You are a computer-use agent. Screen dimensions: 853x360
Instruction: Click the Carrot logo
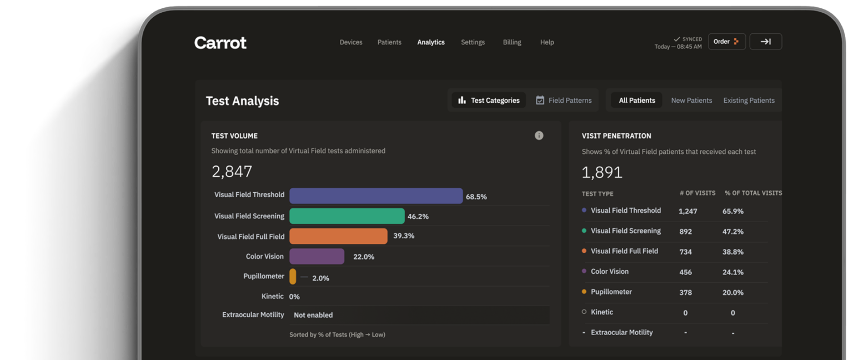point(220,43)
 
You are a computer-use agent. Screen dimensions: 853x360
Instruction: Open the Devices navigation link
point(351,42)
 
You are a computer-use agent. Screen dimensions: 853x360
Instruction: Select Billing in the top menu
point(512,42)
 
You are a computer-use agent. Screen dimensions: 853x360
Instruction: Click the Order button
point(726,42)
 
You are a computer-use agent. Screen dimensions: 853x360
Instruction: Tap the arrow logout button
point(765,42)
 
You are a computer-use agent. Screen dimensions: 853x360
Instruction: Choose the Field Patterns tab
point(564,100)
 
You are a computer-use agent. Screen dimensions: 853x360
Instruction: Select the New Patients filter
point(691,100)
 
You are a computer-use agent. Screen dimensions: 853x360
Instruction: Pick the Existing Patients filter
point(749,100)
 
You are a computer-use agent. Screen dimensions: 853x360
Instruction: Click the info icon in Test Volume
point(539,136)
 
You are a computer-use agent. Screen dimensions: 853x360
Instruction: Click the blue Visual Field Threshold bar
point(376,196)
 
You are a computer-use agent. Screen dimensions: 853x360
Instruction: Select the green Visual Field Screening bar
point(347,216)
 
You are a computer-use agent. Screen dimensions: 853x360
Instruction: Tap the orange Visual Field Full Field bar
point(338,236)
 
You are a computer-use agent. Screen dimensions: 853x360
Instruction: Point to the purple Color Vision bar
point(317,256)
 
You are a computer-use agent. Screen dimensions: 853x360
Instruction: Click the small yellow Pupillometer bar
point(293,277)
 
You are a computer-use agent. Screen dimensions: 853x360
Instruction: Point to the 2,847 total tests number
point(232,172)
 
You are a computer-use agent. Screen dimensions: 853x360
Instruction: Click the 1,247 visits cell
point(688,211)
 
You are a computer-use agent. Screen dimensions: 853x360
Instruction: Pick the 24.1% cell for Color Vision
point(732,272)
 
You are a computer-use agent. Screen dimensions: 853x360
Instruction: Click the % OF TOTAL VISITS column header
point(753,193)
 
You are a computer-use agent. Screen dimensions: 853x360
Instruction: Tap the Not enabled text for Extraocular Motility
point(313,315)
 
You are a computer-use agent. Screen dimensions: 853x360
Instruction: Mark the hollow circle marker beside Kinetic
point(584,312)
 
